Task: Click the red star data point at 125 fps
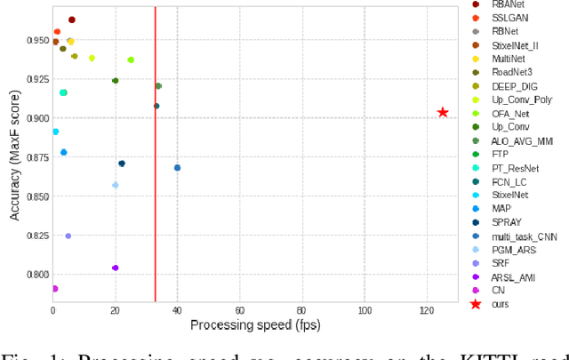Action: (443, 112)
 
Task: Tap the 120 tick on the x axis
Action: (427, 309)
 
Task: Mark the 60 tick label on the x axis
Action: (240, 309)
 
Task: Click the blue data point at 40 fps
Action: (177, 167)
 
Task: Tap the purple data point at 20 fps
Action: (115, 268)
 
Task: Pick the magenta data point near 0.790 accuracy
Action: (54, 289)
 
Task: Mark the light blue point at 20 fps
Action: (115, 185)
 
